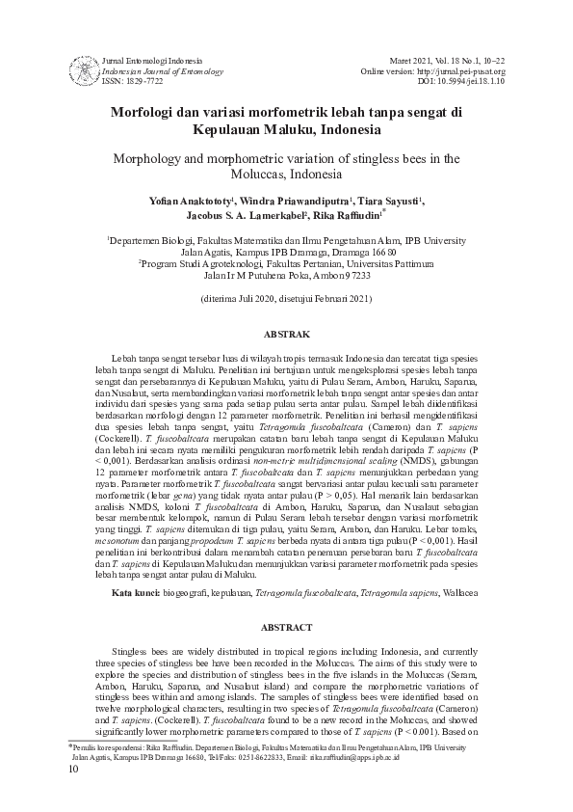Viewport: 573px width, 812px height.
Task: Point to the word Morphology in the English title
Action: (x=152, y=159)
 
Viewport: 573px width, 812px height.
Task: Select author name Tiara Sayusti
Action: (x=389, y=200)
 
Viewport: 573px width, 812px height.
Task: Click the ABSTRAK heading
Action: (x=287, y=335)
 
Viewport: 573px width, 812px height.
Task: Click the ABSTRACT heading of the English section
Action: (x=287, y=627)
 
